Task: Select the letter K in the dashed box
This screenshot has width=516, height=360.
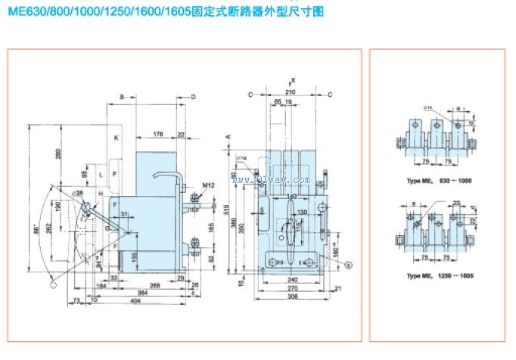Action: [x=117, y=138]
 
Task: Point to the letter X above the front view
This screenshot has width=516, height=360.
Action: [x=294, y=80]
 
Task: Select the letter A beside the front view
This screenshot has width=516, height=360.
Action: [x=228, y=137]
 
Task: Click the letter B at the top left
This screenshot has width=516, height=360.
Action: [x=121, y=97]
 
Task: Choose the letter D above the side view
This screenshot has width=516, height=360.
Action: [x=193, y=97]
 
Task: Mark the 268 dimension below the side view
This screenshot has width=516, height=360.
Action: [x=154, y=285]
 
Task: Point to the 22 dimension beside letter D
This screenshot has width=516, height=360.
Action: [x=181, y=135]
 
